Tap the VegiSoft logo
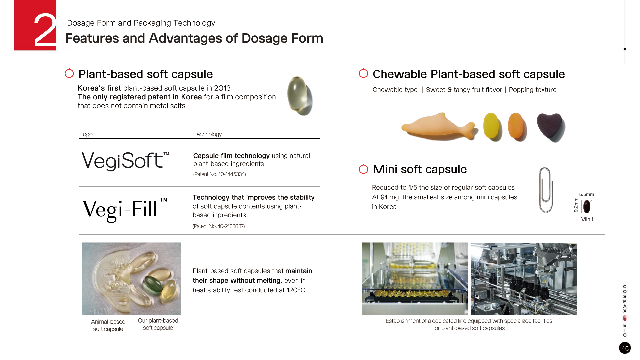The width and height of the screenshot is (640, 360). [x=125, y=161]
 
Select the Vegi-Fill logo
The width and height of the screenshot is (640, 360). [x=125, y=209]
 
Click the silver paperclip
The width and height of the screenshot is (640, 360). [x=546, y=190]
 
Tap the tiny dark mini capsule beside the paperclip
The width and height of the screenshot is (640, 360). [x=586, y=206]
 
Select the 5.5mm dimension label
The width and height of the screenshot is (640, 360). [x=586, y=194]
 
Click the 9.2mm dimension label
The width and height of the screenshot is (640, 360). [x=576, y=205]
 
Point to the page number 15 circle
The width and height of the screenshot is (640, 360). [x=625, y=348]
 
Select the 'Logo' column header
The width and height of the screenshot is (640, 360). [x=86, y=134]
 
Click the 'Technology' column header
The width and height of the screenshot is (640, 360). [x=207, y=134]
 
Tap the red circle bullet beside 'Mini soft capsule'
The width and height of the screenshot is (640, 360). [x=363, y=169]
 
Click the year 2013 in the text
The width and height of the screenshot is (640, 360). [x=222, y=88]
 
